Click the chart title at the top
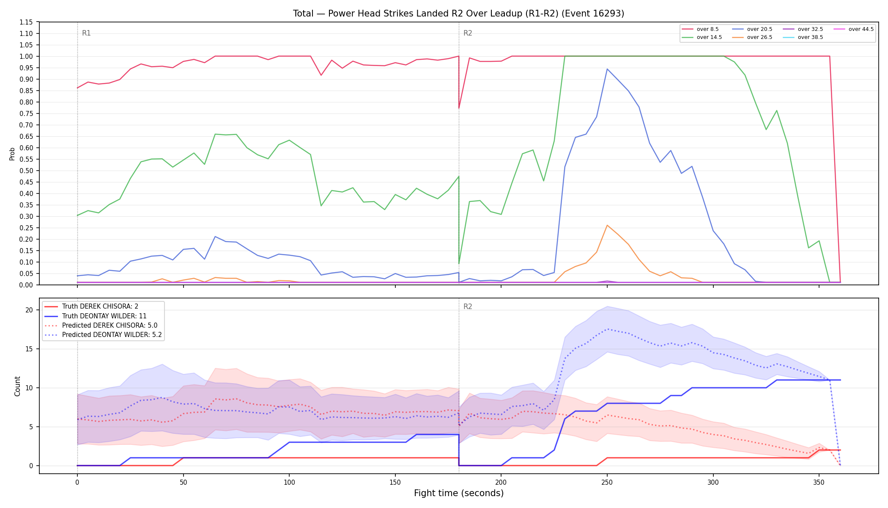pyautogui.click(x=458, y=14)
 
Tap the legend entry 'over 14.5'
pyautogui.click(x=702, y=37)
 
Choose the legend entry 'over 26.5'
pyautogui.click(x=752, y=37)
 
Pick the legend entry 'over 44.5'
pyautogui.click(x=854, y=29)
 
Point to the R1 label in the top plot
pyautogui.click(x=86, y=33)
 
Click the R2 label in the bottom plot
pyautogui.click(x=468, y=306)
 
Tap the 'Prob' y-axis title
pyautogui.click(x=12, y=154)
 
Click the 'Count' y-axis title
pyautogui.click(x=17, y=386)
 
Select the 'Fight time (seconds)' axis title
pyautogui.click(x=459, y=493)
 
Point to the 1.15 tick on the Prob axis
pyautogui.click(x=26, y=22)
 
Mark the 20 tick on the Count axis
pyautogui.click(x=29, y=310)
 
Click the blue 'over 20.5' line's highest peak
pyautogui.click(x=607, y=69)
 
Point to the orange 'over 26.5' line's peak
pyautogui.click(x=607, y=225)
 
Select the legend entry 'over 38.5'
pyautogui.click(x=803, y=37)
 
